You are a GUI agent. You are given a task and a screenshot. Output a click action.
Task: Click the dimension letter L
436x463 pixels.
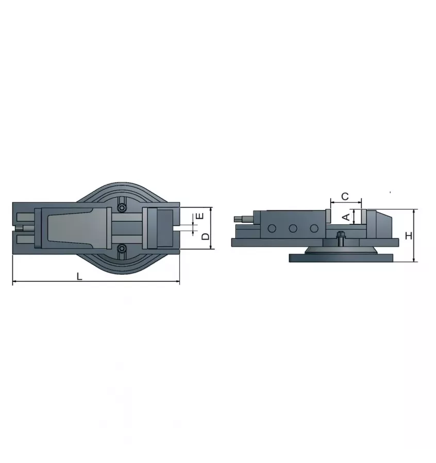[79, 276]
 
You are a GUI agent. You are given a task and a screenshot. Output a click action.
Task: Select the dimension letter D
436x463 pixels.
[205, 237]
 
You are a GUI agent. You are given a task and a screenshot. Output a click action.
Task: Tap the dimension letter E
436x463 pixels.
[202, 215]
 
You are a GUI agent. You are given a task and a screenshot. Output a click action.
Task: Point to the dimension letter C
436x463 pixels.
[345, 196]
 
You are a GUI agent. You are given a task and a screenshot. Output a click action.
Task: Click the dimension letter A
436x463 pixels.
[346, 217]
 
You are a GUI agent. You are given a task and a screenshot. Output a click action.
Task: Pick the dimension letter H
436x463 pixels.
[408, 236]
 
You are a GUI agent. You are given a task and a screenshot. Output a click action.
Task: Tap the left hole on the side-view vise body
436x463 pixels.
[272, 228]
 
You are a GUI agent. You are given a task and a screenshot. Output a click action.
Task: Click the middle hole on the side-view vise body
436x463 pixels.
[293, 228]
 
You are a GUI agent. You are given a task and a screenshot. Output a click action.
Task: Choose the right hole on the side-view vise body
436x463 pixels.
[313, 228]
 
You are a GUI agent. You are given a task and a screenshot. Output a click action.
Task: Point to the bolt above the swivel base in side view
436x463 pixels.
[340, 238]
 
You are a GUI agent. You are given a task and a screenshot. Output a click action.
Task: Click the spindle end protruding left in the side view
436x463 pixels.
[241, 220]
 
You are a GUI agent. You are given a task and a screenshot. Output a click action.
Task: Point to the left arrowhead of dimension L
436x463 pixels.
[14, 281]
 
